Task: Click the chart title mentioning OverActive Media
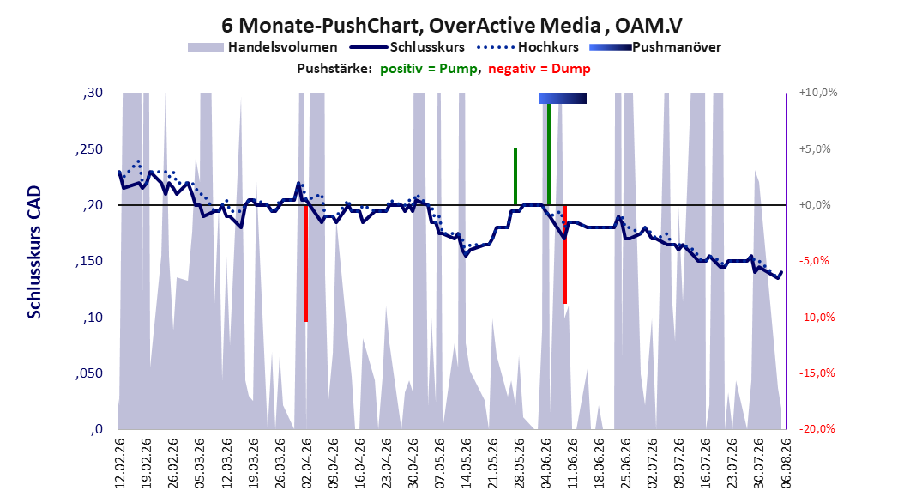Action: [x=452, y=26]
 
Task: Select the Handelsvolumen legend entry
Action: [x=263, y=47]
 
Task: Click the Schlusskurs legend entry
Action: [x=407, y=47]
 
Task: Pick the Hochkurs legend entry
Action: [x=527, y=47]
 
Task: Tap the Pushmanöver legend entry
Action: [x=655, y=47]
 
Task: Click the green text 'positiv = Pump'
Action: [x=429, y=69]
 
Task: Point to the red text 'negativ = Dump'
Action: [x=539, y=69]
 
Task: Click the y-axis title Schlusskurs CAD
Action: [x=34, y=251]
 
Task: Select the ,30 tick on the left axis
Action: [x=93, y=93]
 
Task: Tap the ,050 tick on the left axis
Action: [x=89, y=373]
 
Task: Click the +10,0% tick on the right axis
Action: [x=818, y=93]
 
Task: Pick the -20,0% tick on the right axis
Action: [x=817, y=428]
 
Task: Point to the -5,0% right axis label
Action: [x=814, y=261]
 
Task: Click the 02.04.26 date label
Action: [x=306, y=464]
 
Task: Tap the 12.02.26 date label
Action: [x=119, y=464]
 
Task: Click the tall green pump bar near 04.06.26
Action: [x=550, y=154]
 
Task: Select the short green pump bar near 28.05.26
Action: [x=515, y=176]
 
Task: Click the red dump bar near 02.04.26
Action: [x=306, y=263]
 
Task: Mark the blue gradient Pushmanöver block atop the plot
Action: [x=563, y=98]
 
